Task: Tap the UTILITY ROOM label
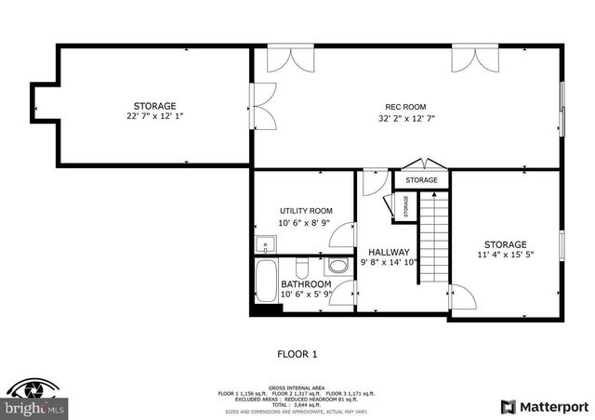click(306, 211)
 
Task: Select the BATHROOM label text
click(306, 283)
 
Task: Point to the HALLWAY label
click(389, 252)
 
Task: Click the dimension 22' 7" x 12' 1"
click(154, 117)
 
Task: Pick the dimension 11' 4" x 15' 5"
click(504, 256)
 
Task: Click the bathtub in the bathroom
click(267, 282)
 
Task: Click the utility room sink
click(266, 246)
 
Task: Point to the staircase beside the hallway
click(432, 239)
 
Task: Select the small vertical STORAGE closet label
click(406, 206)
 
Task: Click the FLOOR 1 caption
click(297, 353)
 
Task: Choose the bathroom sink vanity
click(333, 269)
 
